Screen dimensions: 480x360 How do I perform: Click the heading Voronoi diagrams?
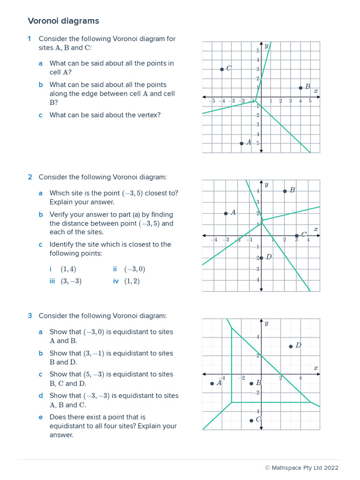coord(63,21)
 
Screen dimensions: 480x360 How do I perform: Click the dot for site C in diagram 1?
coord(222,69)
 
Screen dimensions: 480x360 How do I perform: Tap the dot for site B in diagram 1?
coord(300,88)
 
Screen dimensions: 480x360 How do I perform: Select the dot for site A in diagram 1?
coord(241,143)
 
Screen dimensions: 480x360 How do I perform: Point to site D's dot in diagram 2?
coord(262,258)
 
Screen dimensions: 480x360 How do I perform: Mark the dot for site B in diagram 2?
coord(285,191)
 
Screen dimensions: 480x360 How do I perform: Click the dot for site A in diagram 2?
coord(226,213)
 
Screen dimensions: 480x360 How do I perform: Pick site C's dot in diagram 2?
coord(297,235)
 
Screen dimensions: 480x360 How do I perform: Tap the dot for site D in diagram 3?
coord(291,346)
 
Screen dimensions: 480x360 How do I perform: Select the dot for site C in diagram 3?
coord(252,420)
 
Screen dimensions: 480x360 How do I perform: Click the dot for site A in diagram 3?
coord(212,383)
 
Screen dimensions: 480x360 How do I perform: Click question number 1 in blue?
coord(30,38)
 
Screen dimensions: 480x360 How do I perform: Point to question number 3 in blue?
coord(30,316)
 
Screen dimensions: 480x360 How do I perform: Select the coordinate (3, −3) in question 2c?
coord(71,281)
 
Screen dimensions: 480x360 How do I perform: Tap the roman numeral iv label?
coord(116,281)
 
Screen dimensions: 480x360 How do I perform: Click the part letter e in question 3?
coord(41,417)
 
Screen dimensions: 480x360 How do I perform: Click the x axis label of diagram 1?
coord(315,91)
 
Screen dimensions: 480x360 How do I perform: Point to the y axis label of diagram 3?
coord(266,323)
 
